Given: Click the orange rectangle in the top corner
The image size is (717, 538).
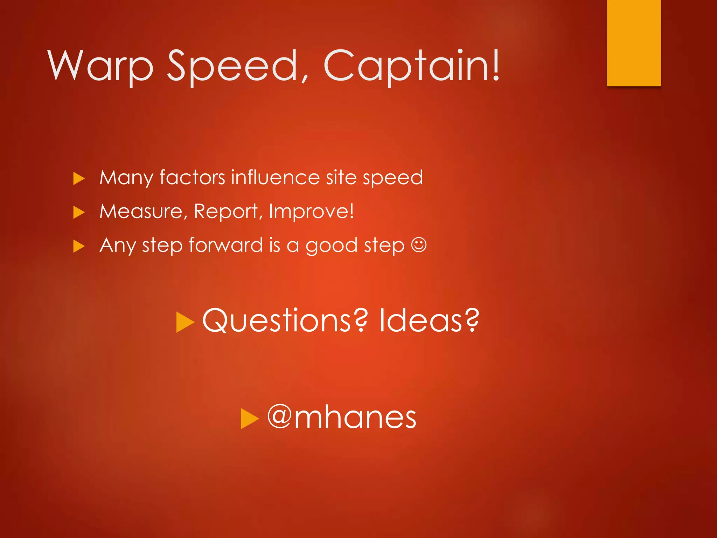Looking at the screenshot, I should coord(634,43).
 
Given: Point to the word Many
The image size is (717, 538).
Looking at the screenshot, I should coord(126,178).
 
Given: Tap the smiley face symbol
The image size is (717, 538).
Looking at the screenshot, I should coord(419,244).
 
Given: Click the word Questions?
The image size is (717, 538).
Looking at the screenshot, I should coord(285,320).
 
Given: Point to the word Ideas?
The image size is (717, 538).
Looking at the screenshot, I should coord(429,320).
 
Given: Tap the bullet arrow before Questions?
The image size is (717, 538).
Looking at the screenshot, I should coord(185,322).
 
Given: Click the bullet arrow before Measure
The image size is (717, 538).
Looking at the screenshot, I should coord(79,212).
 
